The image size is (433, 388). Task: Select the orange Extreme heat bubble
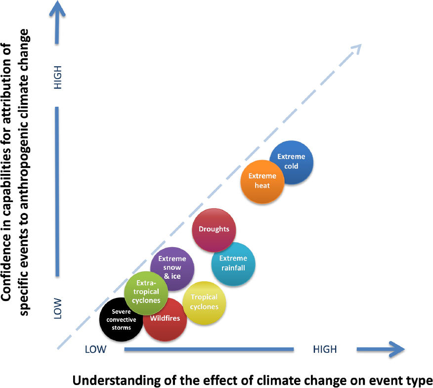tap(262, 181)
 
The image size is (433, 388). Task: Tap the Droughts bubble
tap(214, 230)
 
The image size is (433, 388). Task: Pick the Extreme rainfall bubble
tap(233, 263)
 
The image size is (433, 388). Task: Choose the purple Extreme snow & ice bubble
tap(173, 267)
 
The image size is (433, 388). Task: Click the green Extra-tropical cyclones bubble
tap(142, 292)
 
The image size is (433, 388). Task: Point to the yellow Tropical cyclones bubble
tap(205, 302)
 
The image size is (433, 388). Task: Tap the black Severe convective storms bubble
tap(121, 320)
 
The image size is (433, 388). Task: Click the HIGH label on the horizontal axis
tap(325, 349)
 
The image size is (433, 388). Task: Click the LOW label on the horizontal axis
tap(95, 349)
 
